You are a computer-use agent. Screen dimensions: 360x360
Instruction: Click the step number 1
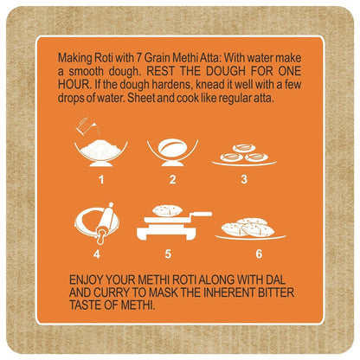coord(101,179)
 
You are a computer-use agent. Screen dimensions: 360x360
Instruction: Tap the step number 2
coord(172,179)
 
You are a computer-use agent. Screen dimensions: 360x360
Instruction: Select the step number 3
coord(244,179)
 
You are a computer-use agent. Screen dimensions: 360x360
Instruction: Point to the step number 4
coord(97,254)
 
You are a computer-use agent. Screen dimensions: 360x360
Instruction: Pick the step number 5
coord(168,254)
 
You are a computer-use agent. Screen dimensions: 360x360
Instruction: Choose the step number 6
coord(259,254)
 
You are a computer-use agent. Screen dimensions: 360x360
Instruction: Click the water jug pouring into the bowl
coord(87,126)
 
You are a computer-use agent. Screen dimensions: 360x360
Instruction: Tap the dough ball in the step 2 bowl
coord(172,149)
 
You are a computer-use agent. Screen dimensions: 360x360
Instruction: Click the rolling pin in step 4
coord(106,222)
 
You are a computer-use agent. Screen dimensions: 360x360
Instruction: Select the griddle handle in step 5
coord(199,215)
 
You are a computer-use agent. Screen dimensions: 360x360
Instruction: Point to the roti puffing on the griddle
coord(166,210)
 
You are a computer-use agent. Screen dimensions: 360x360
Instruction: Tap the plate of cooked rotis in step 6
coord(250,229)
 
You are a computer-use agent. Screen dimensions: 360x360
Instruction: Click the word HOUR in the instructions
coord(74,85)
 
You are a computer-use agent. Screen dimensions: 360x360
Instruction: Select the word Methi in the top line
coord(184,58)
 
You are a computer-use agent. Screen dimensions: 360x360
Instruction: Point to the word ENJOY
coord(86,280)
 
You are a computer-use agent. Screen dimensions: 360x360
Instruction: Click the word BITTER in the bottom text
coord(276,292)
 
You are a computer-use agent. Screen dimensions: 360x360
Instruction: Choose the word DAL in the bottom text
coord(275,280)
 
